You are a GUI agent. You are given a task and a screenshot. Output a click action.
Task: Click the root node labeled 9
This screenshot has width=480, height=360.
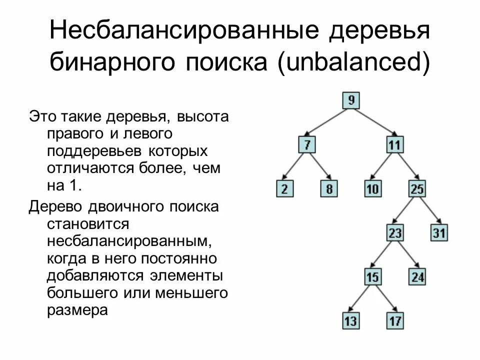[x=351, y=100]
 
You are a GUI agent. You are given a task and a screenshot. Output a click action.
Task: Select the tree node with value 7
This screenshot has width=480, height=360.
[x=307, y=145]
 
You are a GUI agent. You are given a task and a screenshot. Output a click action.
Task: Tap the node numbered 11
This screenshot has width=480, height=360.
[x=394, y=145]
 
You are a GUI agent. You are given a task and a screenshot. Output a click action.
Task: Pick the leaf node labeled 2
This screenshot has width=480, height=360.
[x=284, y=189]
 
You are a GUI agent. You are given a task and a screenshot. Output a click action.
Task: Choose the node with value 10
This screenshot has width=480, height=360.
[x=372, y=189]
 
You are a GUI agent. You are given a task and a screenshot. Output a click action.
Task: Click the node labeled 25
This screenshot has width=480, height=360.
[x=417, y=189]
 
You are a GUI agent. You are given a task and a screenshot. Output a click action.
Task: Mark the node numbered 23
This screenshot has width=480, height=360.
[x=395, y=233]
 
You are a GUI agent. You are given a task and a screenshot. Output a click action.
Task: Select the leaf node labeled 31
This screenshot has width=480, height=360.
[x=439, y=233]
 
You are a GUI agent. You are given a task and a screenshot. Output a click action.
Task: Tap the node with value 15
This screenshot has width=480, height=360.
[x=372, y=276]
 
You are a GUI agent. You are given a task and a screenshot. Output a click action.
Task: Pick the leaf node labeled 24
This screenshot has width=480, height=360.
[x=417, y=276]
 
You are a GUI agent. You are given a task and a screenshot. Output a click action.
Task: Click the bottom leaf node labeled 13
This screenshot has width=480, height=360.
[x=350, y=320]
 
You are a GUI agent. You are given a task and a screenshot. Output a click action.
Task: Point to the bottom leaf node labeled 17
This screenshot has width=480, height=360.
[x=395, y=320]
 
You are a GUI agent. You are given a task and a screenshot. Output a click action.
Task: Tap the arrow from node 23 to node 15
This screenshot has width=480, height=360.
[x=383, y=255]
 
